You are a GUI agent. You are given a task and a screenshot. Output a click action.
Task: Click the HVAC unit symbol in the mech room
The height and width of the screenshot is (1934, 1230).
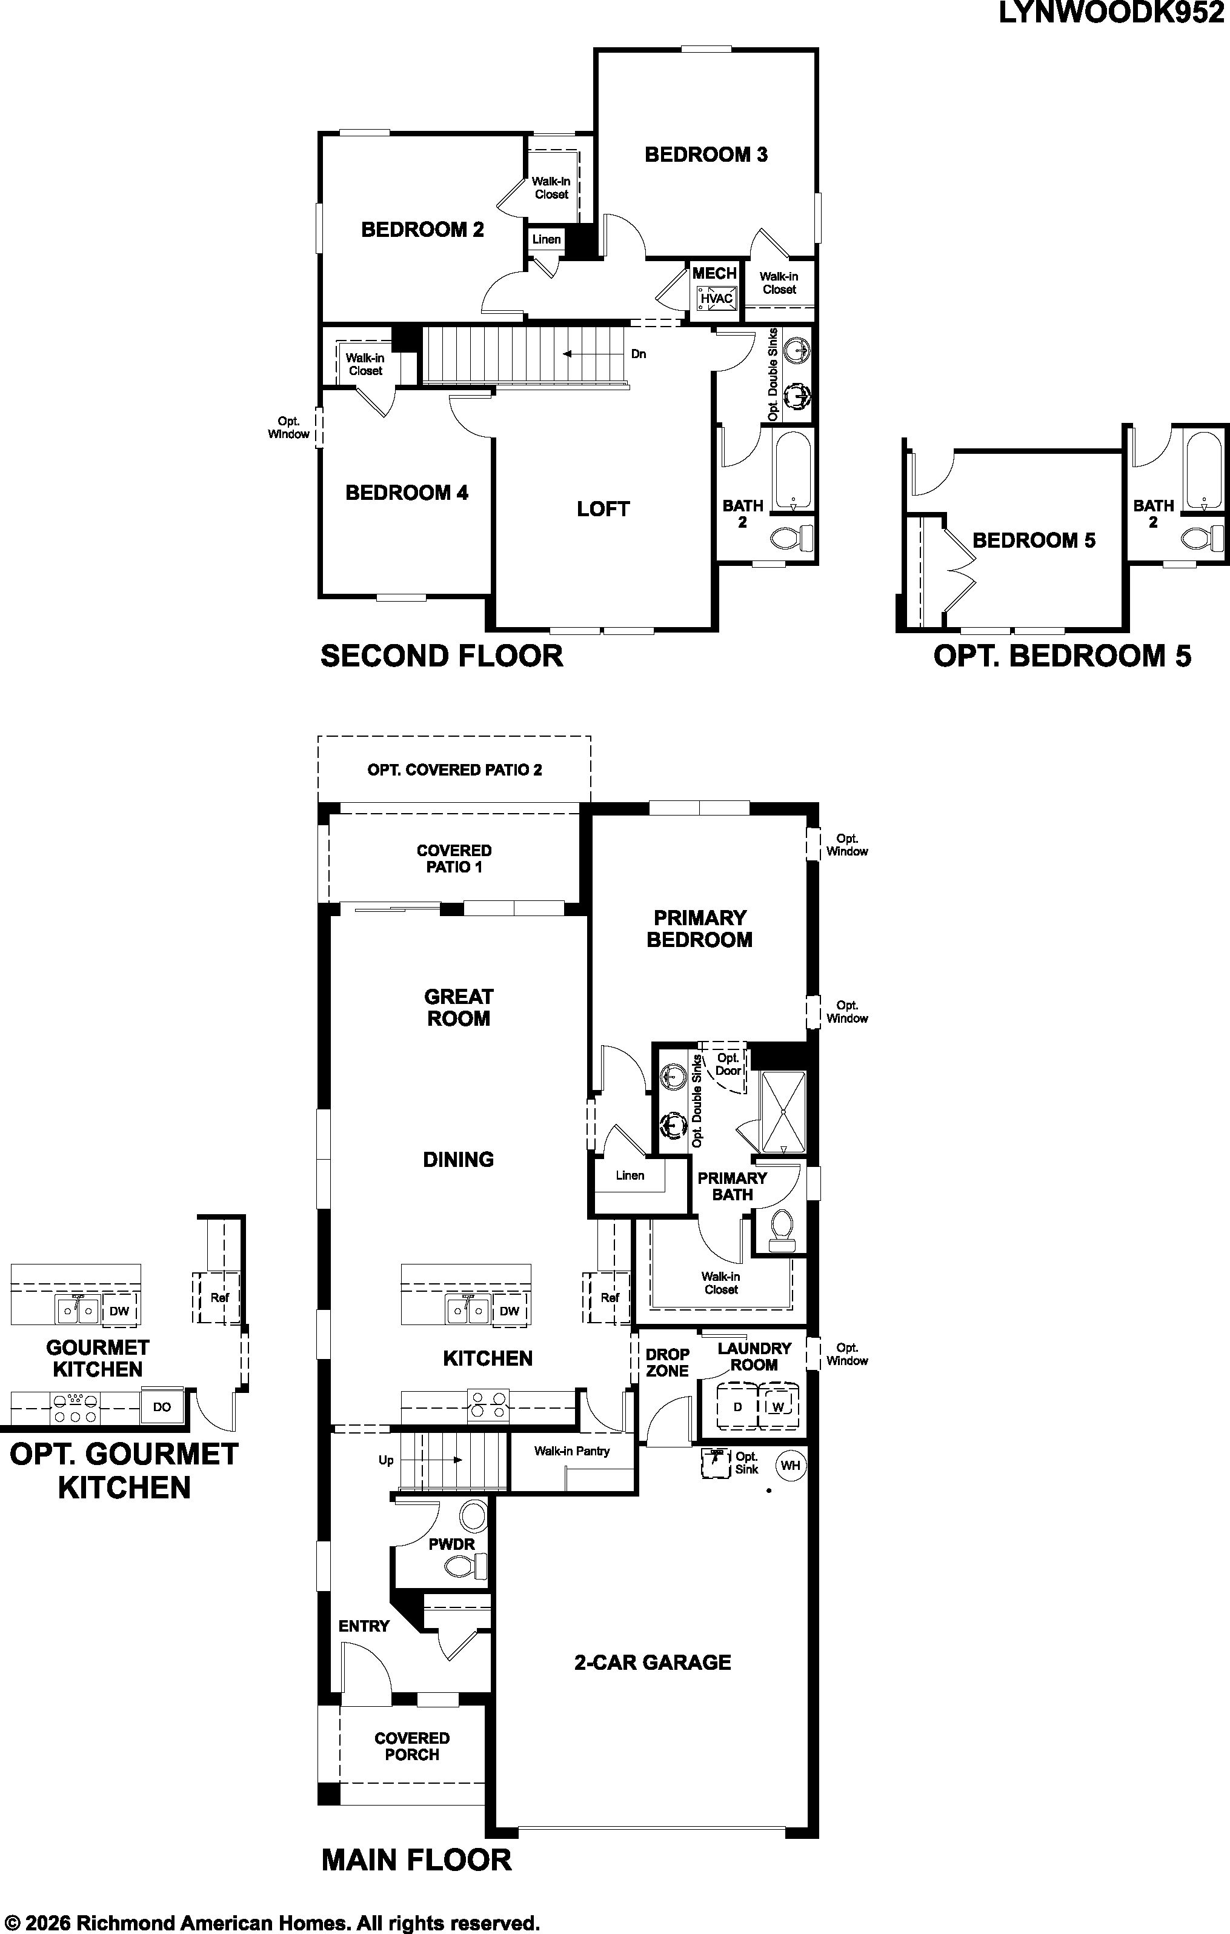pos(716,299)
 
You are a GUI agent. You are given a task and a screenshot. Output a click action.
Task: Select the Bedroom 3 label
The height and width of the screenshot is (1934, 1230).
pos(706,155)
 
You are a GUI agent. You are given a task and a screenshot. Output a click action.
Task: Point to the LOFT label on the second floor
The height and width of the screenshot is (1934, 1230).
pos(602,508)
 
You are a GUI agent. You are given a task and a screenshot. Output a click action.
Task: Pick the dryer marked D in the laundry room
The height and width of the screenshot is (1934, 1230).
pos(737,1406)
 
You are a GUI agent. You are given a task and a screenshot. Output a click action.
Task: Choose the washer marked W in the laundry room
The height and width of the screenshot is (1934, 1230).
pos(778,1406)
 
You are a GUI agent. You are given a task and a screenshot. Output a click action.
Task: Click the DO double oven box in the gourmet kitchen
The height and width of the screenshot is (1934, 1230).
pos(162,1407)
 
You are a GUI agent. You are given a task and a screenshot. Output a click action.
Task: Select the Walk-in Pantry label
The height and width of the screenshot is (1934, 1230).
pos(572,1451)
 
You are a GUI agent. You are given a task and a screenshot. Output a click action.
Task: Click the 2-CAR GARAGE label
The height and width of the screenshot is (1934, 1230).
pos(653,1663)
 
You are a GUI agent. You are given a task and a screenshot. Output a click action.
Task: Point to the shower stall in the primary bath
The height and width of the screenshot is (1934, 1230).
pos(782,1112)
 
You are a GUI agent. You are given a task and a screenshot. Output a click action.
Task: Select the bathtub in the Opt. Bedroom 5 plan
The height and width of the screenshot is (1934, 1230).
pos(1203,471)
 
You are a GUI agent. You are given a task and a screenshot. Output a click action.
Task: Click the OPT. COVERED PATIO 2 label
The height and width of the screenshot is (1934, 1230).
pos(454,770)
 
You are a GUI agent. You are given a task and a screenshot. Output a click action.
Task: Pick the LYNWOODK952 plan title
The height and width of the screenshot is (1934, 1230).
pos(1111,14)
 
